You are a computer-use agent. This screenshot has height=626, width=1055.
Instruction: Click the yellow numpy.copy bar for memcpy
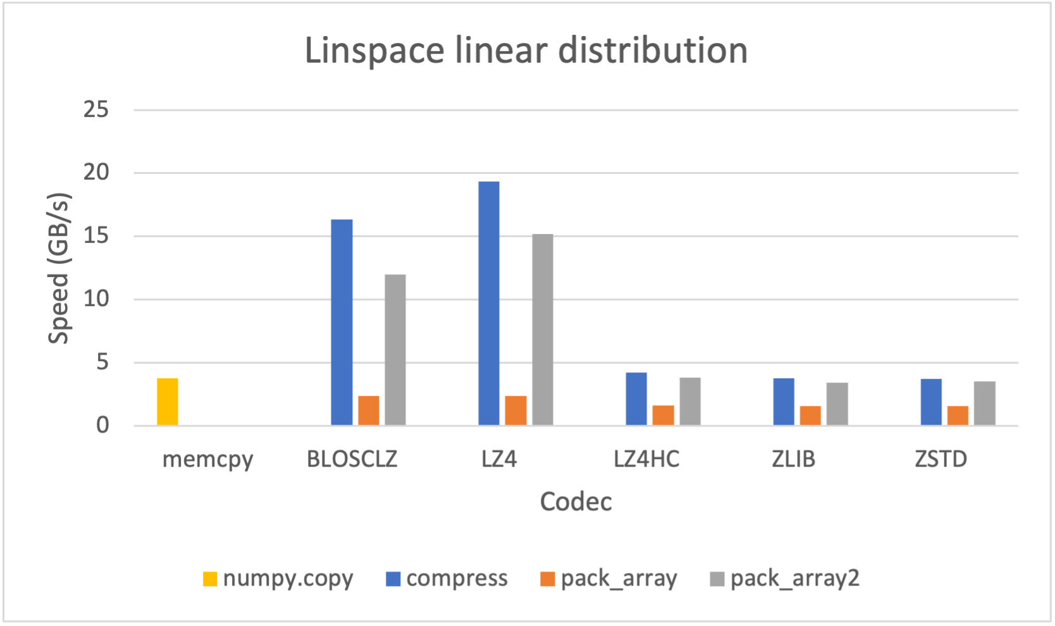coord(168,402)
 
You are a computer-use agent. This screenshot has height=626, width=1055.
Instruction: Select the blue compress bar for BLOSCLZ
coord(342,322)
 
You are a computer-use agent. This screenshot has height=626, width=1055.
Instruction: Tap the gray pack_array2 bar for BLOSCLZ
coord(395,350)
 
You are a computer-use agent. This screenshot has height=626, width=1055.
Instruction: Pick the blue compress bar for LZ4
coord(489,304)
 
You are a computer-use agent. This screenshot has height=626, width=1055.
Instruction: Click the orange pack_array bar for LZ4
coord(515,410)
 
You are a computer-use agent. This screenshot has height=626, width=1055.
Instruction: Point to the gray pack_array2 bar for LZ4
coord(543,329)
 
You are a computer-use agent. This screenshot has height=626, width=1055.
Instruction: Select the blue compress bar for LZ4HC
coord(636,399)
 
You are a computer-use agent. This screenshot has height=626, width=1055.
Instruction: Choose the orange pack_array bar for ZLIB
coord(810,415)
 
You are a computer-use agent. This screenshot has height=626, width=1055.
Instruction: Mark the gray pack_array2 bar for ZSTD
coord(984,403)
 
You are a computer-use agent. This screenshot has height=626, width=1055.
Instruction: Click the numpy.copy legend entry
coord(278,579)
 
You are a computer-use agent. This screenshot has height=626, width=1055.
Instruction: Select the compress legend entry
coord(447,579)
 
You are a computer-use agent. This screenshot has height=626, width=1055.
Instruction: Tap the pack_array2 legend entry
coord(785,579)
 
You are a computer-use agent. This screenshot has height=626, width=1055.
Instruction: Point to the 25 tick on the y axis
coord(96,110)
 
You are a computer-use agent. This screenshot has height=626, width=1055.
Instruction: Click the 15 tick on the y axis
coord(96,236)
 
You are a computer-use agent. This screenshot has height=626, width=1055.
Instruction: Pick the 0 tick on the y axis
coord(102,426)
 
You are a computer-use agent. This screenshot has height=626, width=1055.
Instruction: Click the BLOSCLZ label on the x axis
coord(352,459)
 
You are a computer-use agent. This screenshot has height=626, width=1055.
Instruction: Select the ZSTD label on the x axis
coord(941,459)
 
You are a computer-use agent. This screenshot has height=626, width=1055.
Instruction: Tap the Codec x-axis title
coord(576,501)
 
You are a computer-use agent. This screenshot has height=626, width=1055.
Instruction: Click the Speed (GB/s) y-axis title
coord(59,268)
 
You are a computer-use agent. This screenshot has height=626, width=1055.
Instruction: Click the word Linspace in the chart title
coord(374,51)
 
